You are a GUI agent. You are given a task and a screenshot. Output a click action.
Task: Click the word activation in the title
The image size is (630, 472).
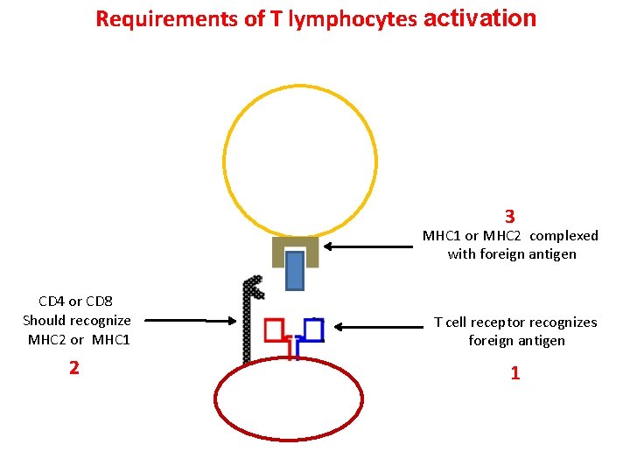coord(479,17)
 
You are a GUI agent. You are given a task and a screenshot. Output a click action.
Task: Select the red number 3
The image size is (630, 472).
coord(509,216)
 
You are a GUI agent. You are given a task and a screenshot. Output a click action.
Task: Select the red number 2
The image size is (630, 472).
coord(74,368)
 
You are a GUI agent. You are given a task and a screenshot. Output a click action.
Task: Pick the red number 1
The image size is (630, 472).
coord(515,373)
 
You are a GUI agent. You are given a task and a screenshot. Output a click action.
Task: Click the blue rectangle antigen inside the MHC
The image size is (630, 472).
coord(295,270)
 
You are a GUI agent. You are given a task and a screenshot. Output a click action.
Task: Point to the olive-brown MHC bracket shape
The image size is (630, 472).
coord(278,250)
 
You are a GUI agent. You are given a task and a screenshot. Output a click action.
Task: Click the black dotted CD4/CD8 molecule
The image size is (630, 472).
coord(248,323)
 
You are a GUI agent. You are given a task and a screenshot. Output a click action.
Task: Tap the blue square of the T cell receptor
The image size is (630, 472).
coord(313,329)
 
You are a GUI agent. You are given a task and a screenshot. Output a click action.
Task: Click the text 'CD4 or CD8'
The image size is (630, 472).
coord(76,302)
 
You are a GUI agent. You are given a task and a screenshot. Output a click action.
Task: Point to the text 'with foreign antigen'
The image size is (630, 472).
coord(511,254)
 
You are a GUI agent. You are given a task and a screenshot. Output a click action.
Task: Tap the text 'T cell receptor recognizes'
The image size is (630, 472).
coord(515,323)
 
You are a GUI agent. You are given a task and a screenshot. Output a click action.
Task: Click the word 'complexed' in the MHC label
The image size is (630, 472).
coord(564,236)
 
